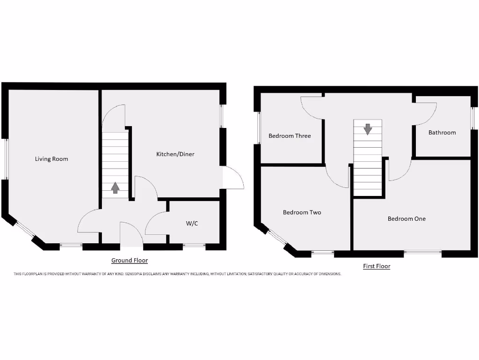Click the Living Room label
tap(51, 159)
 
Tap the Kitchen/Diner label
tap(175, 154)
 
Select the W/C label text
tap(192, 224)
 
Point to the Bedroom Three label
tap(290, 136)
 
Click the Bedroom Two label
tap(302, 212)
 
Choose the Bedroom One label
tap(406, 218)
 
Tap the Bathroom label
tap(442, 133)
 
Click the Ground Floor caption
tap(129, 260)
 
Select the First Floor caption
tap(377, 266)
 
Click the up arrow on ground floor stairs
tap(115, 188)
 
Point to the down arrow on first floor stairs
tap(368, 129)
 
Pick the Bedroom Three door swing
tap(311, 107)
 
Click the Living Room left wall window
tap(5, 159)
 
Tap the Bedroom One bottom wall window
tap(422, 253)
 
